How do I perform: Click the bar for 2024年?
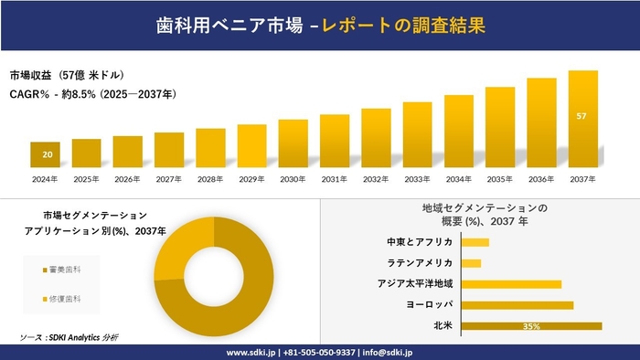click(45, 155)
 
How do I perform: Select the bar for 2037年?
click(582, 119)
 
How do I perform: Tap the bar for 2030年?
click(293, 143)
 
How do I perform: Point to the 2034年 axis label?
click(458, 179)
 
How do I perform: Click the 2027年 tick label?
click(169, 179)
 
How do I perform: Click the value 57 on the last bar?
click(582, 117)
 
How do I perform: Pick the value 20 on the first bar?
click(46, 154)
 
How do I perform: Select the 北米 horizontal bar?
click(531, 325)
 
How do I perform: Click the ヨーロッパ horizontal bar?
click(517, 304)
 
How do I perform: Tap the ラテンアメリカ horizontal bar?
click(472, 263)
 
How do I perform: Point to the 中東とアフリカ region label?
click(420, 242)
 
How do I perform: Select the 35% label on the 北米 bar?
click(531, 326)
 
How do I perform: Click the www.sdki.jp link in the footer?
click(251, 352)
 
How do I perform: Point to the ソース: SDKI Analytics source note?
click(69, 338)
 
